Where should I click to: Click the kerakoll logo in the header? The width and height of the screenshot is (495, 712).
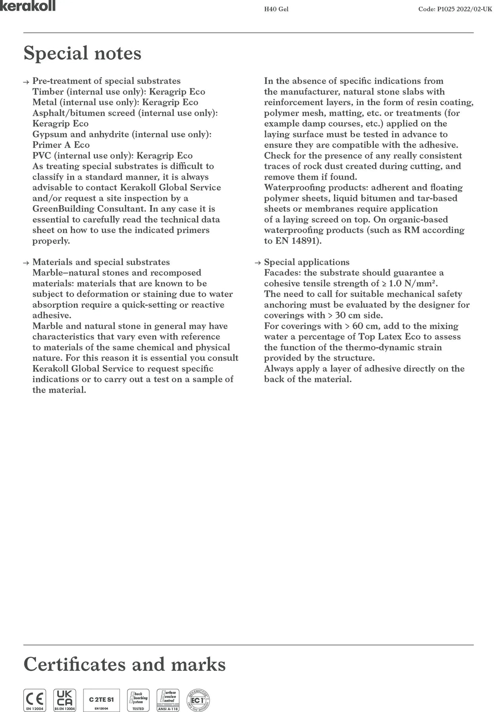pos(28,6)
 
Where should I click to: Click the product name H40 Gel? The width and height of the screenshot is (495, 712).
pos(276,9)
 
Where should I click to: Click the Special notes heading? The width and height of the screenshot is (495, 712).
pos(82,53)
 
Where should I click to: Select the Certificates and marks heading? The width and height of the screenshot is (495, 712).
pos(125,664)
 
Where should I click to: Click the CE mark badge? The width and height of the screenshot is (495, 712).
pos(34,700)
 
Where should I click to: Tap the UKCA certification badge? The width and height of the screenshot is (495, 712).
pos(64,700)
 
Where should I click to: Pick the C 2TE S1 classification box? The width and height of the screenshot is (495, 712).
pos(101,700)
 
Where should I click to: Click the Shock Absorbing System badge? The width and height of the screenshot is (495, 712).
pos(138,700)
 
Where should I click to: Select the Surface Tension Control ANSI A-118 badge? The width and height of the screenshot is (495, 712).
pos(168,700)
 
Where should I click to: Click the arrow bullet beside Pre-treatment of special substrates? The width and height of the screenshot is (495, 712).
pos(26,82)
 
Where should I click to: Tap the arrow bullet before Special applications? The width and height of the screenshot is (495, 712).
pos(258,263)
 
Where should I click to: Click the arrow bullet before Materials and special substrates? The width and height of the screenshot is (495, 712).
pos(26,263)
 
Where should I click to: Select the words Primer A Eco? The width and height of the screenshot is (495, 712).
pos(61,145)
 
